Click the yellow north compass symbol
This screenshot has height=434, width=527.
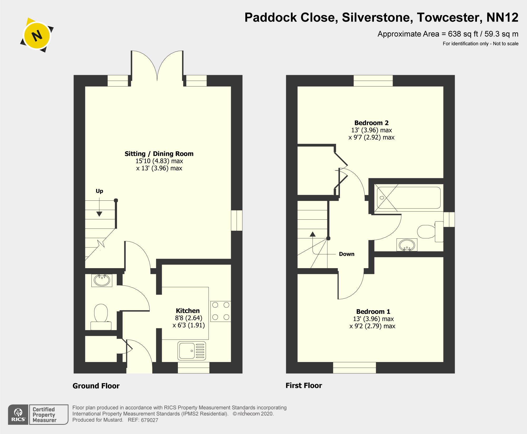click(37, 35)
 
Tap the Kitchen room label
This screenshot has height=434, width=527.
click(188, 311)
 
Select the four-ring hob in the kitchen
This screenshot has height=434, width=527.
click(221, 311)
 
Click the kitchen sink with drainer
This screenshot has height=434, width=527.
click(192, 351)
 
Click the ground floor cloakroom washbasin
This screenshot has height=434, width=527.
click(102, 280)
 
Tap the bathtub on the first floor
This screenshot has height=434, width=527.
click(409, 198)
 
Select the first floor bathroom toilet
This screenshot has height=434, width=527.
click(430, 232)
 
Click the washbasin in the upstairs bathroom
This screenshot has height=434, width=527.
click(407, 245)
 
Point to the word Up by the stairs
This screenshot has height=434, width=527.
click(99, 191)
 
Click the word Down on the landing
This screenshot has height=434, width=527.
click(347, 254)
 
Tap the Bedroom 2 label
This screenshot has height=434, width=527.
click(371, 123)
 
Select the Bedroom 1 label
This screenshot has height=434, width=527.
click(373, 312)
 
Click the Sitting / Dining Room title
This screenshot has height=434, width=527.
click(159, 154)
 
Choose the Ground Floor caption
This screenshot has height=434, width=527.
click(96, 386)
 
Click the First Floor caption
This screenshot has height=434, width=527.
click(304, 385)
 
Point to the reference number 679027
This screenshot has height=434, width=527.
click(149, 420)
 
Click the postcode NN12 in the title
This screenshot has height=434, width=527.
click(502, 18)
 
